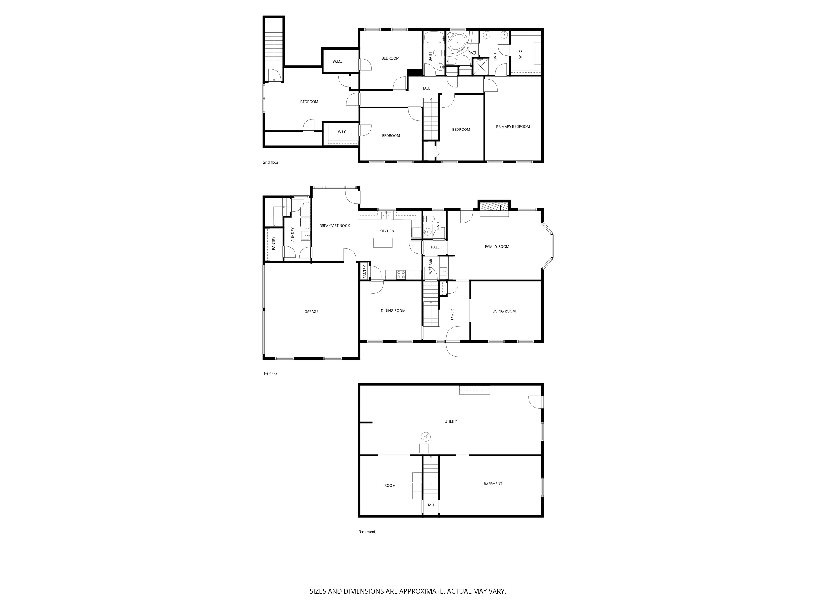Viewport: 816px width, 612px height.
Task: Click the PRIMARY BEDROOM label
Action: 512,127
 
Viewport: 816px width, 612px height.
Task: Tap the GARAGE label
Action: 311,312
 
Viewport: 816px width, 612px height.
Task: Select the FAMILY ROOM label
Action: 497,246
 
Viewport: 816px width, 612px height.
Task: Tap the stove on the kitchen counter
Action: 401,275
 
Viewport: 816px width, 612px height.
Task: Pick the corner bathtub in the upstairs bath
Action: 457,43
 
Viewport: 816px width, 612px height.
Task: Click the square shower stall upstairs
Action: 480,67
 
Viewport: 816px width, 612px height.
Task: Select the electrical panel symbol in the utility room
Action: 426,437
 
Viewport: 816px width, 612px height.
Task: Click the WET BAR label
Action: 430,266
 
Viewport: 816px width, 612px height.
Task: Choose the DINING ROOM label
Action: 393,311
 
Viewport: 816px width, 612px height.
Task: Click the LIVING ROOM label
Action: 504,311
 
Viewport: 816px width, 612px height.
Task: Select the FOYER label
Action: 452,314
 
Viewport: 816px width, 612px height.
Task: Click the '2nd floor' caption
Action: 270,162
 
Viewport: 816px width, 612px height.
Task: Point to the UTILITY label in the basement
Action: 450,421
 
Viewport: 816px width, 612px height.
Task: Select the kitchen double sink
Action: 386,215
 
